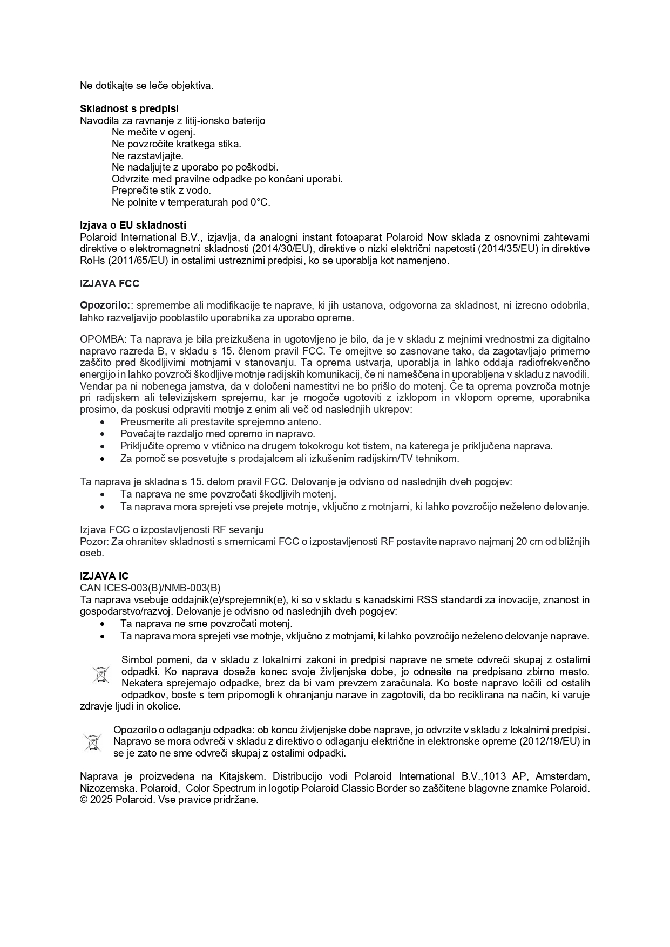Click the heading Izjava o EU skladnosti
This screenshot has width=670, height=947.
133,225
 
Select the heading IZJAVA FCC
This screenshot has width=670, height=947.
110,283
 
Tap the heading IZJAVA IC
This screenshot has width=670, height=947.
104,576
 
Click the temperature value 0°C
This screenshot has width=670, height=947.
259,202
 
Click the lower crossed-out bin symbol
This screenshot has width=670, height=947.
92,742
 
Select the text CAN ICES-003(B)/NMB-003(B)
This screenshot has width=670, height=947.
150,588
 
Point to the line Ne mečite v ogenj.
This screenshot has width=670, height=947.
153,132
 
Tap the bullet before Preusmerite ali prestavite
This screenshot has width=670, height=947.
103,422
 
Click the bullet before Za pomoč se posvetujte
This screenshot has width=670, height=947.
103,459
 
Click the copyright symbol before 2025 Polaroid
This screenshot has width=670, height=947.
84,800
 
